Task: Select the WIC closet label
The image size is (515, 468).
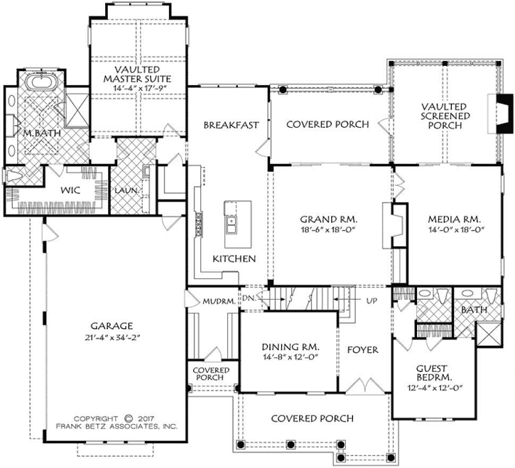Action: pyautogui.click(x=70, y=191)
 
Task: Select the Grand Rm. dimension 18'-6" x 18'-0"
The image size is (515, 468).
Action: pyautogui.click(x=328, y=229)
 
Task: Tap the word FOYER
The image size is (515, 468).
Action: pyautogui.click(x=362, y=350)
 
